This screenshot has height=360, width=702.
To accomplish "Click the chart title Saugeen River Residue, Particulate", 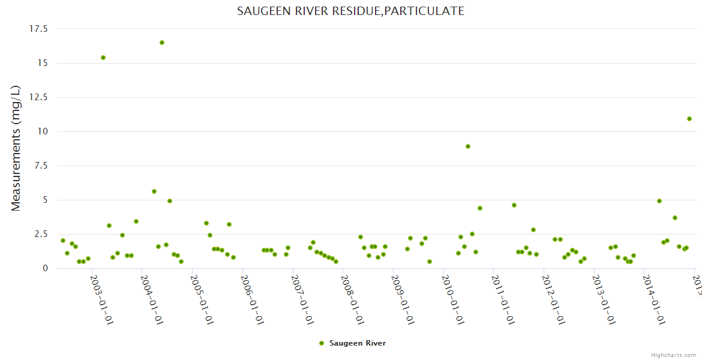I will tap(350, 11).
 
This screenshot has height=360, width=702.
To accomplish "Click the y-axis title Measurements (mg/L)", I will tap(16, 148).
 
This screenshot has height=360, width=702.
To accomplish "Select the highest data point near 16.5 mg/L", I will tap(162, 43).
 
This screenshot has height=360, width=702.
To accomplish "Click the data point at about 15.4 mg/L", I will tap(103, 58).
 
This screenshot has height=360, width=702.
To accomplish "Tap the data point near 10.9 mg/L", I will tap(689, 119).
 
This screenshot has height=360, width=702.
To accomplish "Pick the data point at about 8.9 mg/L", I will tap(468, 146).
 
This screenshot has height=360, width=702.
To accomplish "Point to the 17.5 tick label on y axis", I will tap(38, 29).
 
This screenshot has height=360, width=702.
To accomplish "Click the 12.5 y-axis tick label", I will tap(38, 97).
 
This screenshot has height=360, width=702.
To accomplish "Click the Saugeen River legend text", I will tap(358, 343).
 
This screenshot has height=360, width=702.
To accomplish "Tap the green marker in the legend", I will tap(322, 343).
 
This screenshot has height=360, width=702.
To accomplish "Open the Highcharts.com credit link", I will tap(673, 355).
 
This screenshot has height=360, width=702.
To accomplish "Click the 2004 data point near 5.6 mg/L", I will tap(154, 191).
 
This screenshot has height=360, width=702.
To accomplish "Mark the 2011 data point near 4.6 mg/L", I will tap(514, 205).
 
